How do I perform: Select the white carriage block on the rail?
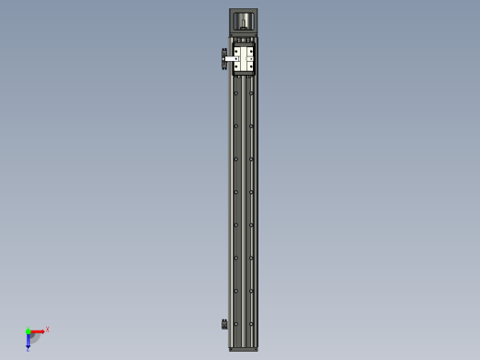(244, 60)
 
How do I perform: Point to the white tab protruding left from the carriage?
(228, 60)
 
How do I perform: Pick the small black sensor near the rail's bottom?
(224, 323)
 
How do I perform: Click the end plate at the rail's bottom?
(244, 349)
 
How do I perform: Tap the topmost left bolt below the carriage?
(236, 93)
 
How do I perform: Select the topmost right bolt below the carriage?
(251, 93)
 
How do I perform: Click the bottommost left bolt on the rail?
(236, 324)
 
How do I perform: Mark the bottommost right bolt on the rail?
(251, 324)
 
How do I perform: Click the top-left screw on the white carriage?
(236, 52)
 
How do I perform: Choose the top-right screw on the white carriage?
(251, 52)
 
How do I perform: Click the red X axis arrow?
(39, 330)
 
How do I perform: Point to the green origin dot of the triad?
(29, 330)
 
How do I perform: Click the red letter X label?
(47, 329)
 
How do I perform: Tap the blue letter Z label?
(28, 349)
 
